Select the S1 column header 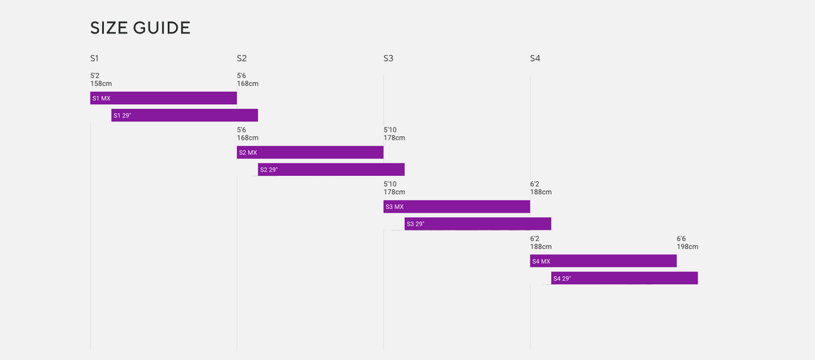(x=95, y=58)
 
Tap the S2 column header (x=242, y=58)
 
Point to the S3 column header (x=388, y=58)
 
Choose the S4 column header (x=535, y=58)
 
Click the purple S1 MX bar (x=163, y=98)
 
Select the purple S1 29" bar (x=185, y=116)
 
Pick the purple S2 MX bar (x=309, y=152)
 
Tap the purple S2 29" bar (x=331, y=170)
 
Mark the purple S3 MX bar (x=457, y=207)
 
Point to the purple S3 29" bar (x=477, y=224)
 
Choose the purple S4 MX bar (x=603, y=261)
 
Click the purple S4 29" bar (x=624, y=278)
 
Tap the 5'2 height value (x=95, y=76)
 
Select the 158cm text (x=101, y=84)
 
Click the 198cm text (x=687, y=246)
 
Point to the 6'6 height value (x=681, y=238)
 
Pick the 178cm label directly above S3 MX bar (x=394, y=192)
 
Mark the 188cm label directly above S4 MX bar (x=540, y=246)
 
